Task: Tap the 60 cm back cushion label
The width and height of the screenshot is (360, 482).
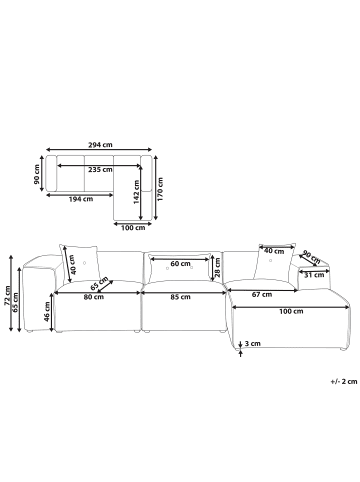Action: tap(180, 264)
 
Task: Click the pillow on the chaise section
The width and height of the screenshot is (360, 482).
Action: tap(274, 263)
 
